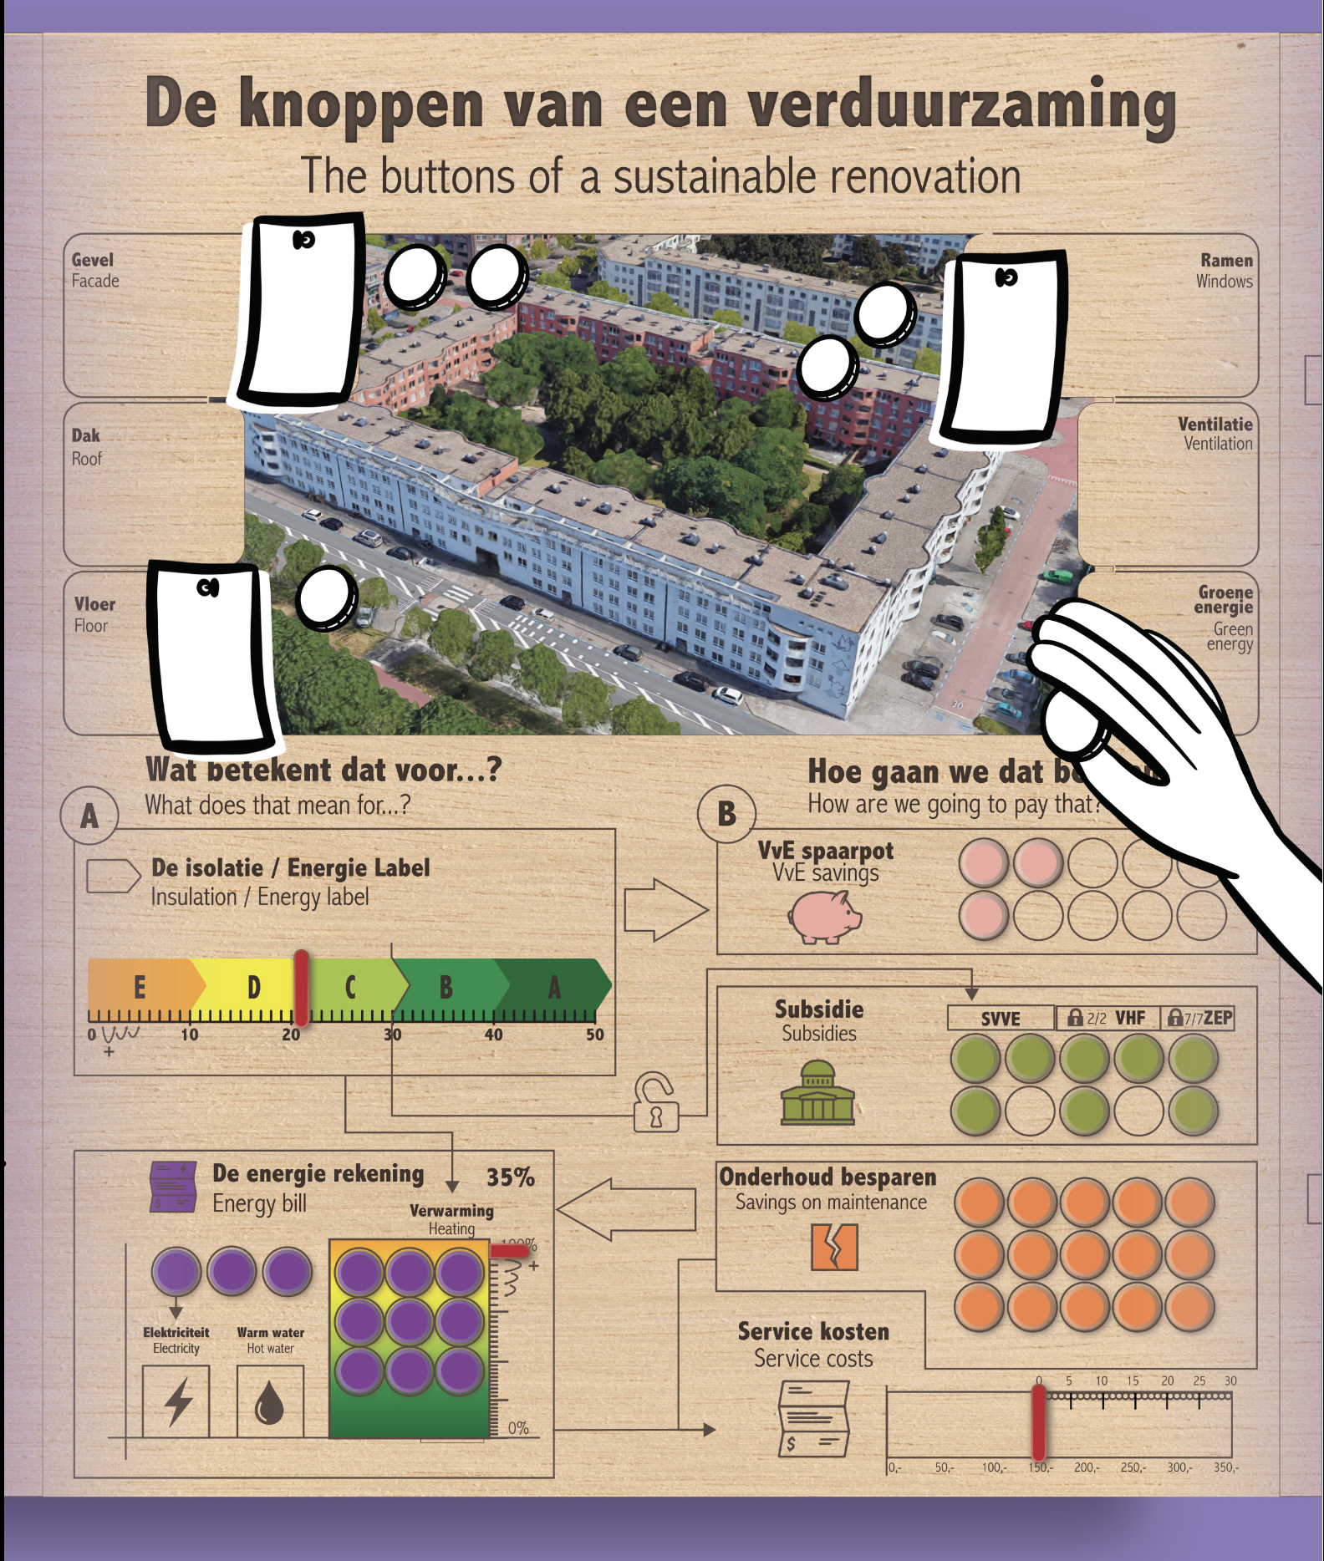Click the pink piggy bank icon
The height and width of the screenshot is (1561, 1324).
point(823,917)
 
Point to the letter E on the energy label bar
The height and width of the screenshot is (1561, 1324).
point(140,988)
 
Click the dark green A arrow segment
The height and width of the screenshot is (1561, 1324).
point(554,988)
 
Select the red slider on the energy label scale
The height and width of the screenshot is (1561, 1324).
point(301,988)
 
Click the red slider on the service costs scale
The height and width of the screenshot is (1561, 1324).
point(1039,1421)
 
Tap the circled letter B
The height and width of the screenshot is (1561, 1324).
point(726,813)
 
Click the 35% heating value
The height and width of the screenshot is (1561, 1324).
point(510,1177)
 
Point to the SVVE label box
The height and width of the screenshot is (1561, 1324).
point(1001,1019)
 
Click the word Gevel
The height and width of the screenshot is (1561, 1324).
point(92,260)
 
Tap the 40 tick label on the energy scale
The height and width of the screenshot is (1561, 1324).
point(493,1035)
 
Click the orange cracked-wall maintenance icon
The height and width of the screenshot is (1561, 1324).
point(834,1247)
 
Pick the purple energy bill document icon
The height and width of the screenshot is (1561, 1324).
point(172,1186)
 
